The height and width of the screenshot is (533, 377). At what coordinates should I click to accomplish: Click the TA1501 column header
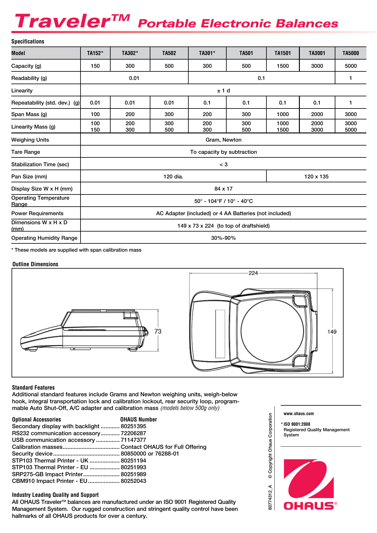(x=283, y=53)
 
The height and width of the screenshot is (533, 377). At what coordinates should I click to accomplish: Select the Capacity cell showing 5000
(x=351, y=66)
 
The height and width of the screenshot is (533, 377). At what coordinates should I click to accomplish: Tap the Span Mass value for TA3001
(x=317, y=114)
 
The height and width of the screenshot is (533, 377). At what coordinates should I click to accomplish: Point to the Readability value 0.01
(x=134, y=78)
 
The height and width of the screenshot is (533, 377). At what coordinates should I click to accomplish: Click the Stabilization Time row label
(x=40, y=164)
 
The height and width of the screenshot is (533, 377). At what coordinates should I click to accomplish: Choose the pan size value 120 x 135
(x=316, y=177)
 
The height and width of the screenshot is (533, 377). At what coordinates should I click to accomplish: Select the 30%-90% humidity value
(x=223, y=238)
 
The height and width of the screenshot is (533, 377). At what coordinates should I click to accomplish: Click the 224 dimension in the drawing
(x=253, y=273)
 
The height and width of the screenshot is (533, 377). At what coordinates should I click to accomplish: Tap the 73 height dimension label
(x=158, y=331)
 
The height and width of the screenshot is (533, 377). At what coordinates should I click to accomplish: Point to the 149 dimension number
(x=332, y=332)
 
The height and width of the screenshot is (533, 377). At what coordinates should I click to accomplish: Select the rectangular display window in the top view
(x=220, y=334)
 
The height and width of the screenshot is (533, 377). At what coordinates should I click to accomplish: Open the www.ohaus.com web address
(x=299, y=414)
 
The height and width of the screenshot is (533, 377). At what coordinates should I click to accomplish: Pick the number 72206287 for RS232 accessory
(x=133, y=433)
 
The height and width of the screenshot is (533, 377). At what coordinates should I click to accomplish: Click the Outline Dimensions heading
(x=35, y=264)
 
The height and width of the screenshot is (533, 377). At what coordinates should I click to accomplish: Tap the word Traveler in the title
(x=63, y=21)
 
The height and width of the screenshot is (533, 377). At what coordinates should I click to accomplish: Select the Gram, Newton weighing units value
(x=223, y=140)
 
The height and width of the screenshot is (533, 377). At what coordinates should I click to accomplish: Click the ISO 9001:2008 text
(x=297, y=424)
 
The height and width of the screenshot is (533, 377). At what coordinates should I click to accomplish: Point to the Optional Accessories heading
(x=36, y=419)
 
